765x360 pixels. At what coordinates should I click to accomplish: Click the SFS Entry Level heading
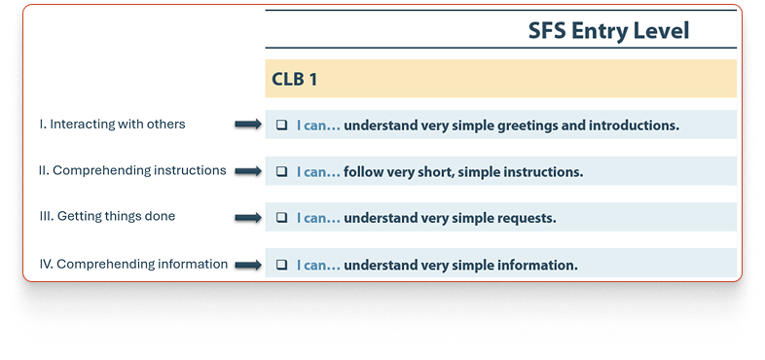pyautogui.click(x=608, y=31)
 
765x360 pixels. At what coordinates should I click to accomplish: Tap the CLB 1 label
pyautogui.click(x=294, y=79)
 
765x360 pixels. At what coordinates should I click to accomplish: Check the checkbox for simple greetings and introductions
pyautogui.click(x=281, y=125)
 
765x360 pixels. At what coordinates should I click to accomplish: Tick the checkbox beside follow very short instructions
pyautogui.click(x=281, y=171)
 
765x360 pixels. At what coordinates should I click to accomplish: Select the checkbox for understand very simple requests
pyautogui.click(x=281, y=218)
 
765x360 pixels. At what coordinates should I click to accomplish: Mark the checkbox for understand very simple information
pyautogui.click(x=281, y=265)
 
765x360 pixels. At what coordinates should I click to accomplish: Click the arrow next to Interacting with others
pyautogui.click(x=248, y=125)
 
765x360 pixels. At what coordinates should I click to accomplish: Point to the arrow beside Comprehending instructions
pyautogui.click(x=248, y=171)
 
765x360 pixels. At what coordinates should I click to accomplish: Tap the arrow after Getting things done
pyautogui.click(x=248, y=218)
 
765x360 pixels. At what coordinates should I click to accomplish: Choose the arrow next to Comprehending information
pyautogui.click(x=248, y=265)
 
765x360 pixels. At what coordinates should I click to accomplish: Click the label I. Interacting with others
pyautogui.click(x=112, y=125)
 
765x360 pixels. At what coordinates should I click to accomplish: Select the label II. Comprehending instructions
pyautogui.click(x=132, y=170)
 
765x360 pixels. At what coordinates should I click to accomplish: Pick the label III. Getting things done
pyautogui.click(x=107, y=216)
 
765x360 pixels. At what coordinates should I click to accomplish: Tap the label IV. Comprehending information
pyautogui.click(x=133, y=264)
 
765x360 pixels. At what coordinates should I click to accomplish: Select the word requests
pyautogui.click(x=526, y=219)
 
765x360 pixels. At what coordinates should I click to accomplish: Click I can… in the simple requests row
pyautogui.click(x=318, y=218)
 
